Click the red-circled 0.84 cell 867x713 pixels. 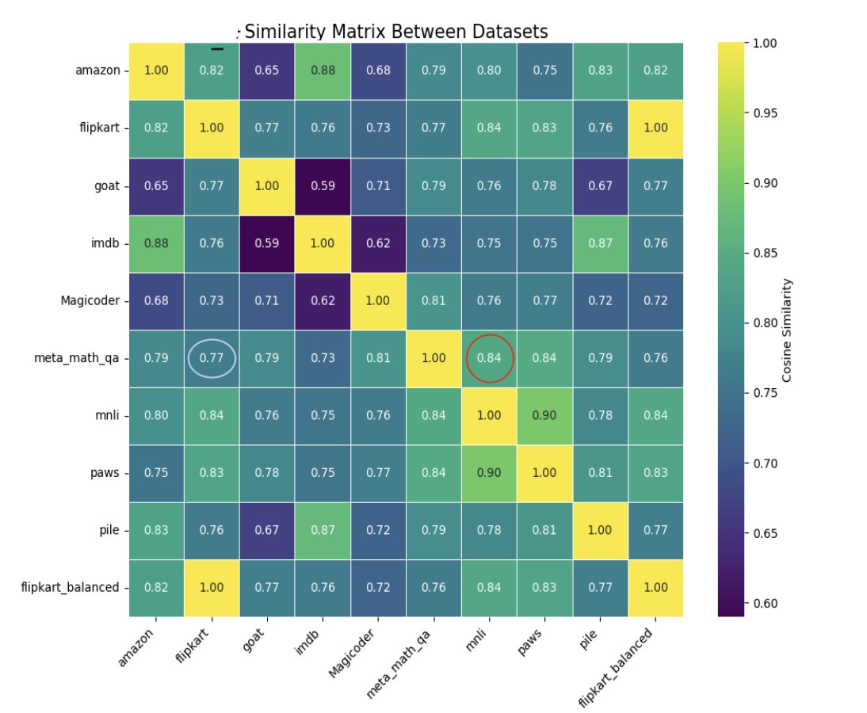click(490, 358)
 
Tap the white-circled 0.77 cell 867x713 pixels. click(212, 358)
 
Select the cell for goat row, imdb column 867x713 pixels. click(323, 185)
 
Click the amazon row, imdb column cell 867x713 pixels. click(323, 70)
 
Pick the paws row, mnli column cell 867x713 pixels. click(490, 473)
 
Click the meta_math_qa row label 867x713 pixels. click(82, 358)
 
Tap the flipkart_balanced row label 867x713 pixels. click(71, 587)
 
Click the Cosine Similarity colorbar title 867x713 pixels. click(786, 329)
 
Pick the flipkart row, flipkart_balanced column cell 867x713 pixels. click(656, 128)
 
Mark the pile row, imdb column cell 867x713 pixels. click(323, 530)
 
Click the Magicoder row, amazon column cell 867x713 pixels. click(156, 300)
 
